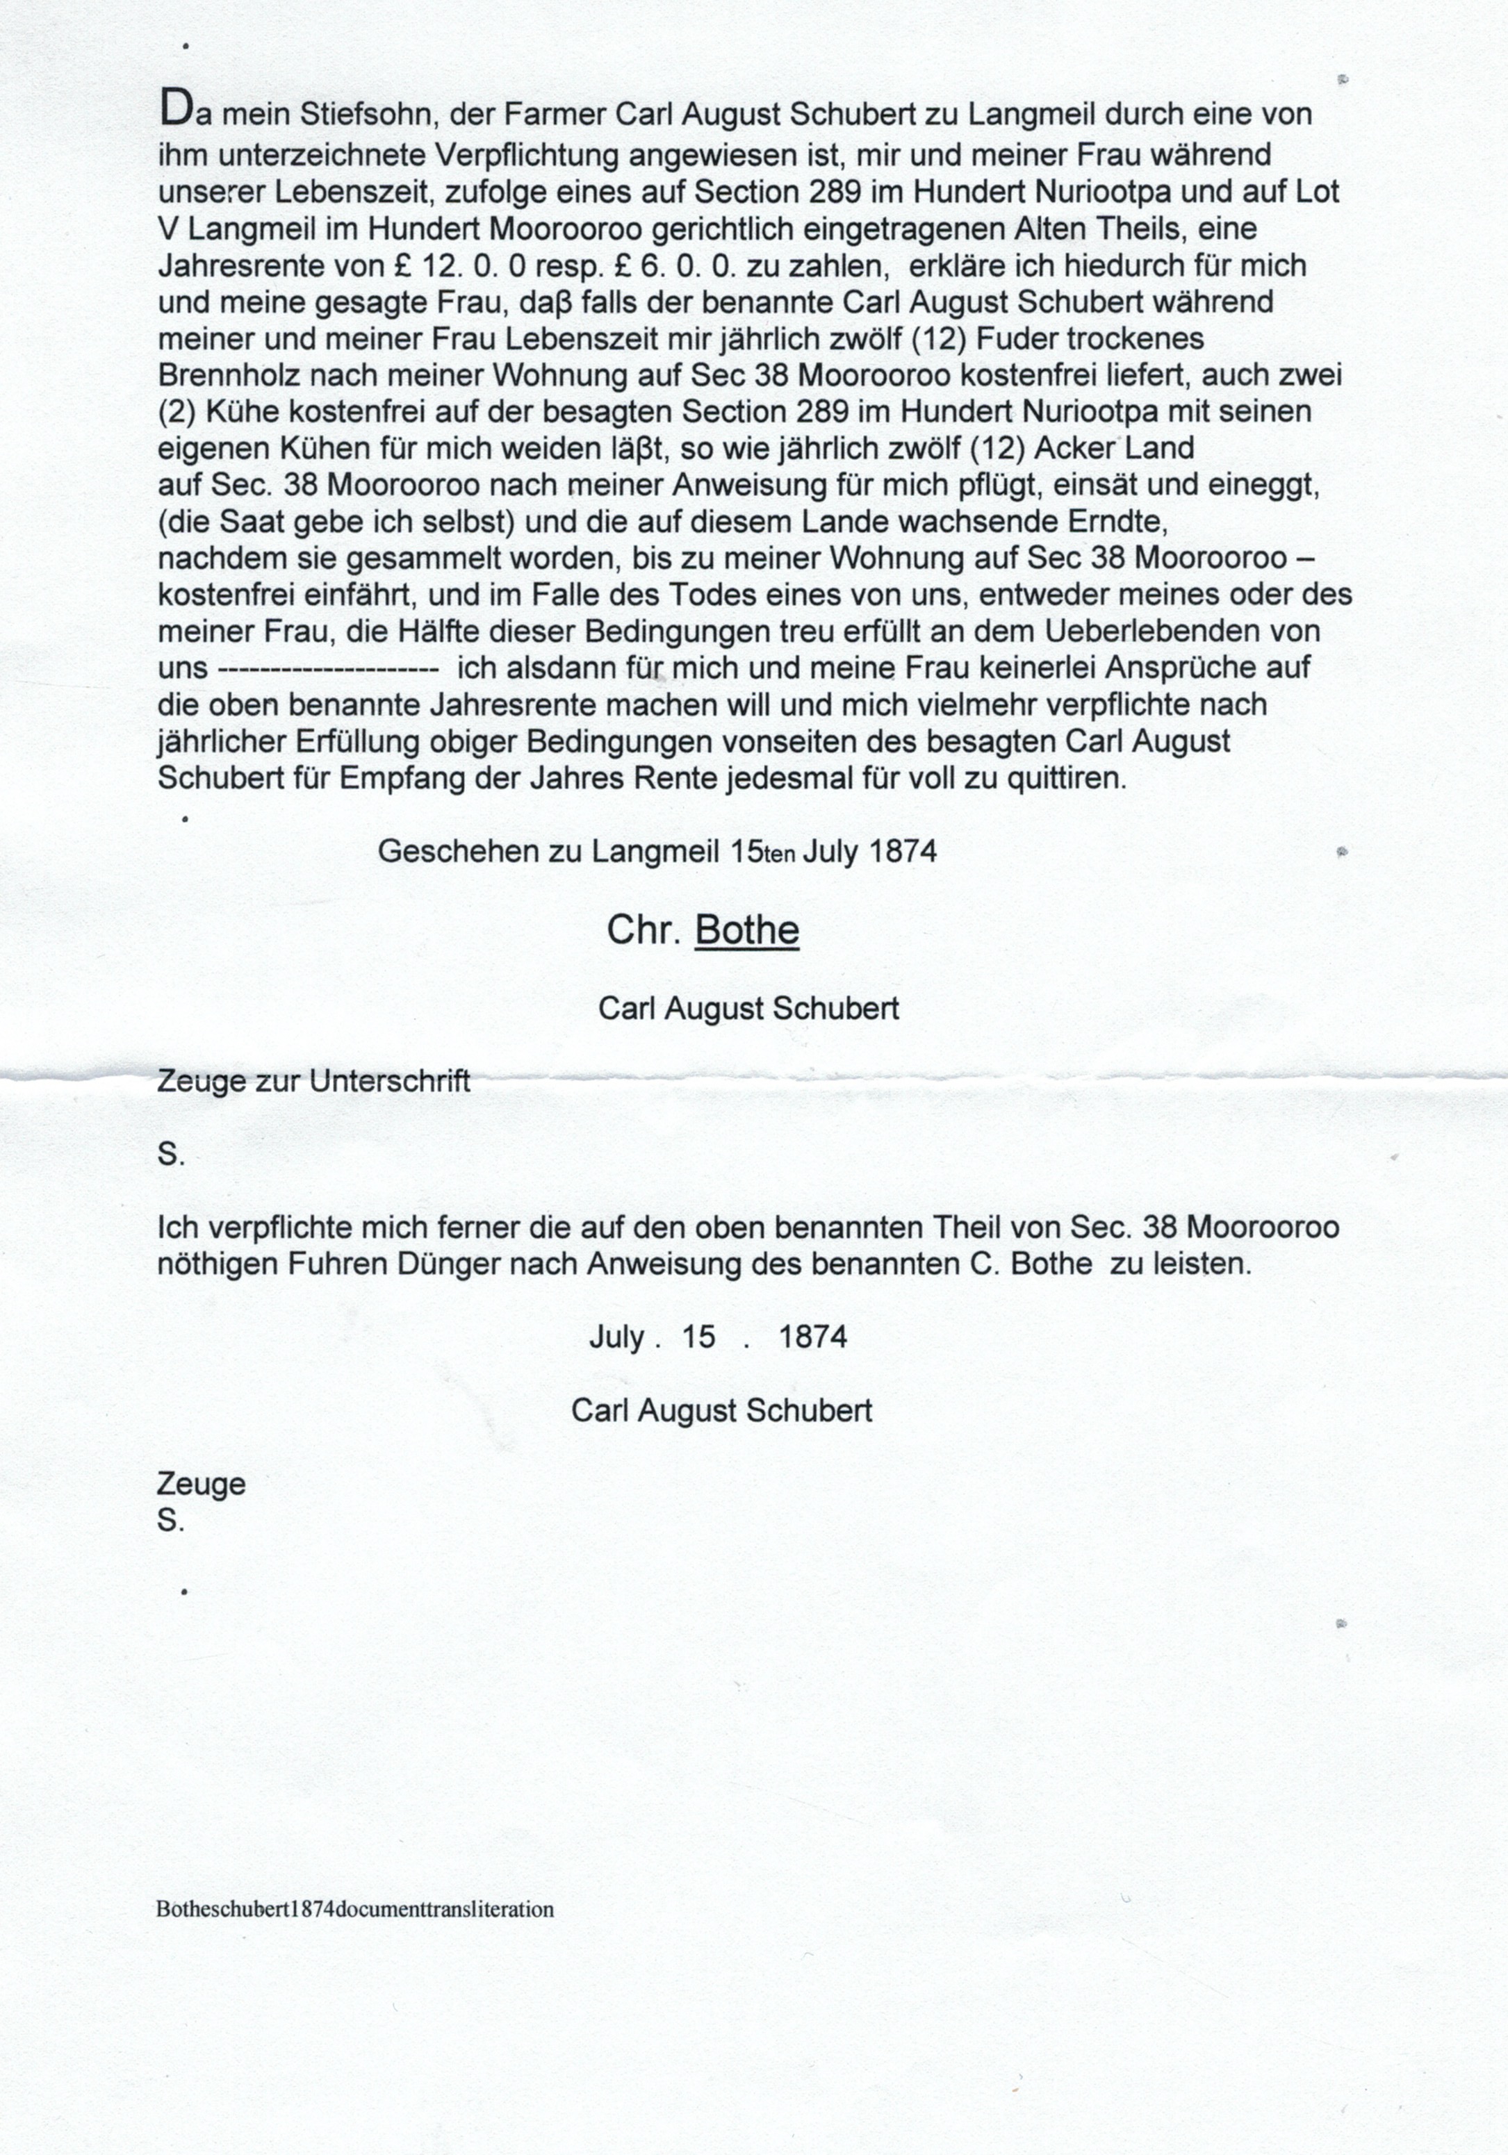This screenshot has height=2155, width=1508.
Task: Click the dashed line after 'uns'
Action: [328, 669]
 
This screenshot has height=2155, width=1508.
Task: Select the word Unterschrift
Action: [390, 1081]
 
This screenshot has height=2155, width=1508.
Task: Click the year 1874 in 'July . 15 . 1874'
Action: [813, 1337]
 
